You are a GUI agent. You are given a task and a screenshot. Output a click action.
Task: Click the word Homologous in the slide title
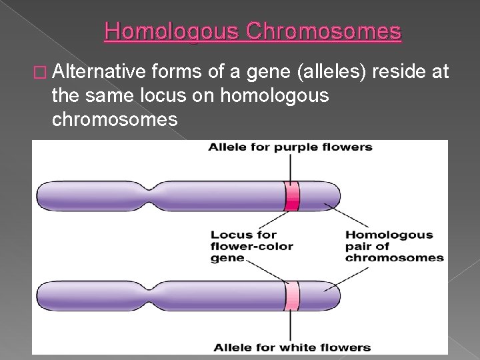click(173, 31)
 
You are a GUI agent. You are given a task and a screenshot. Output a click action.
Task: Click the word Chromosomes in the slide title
click(325, 31)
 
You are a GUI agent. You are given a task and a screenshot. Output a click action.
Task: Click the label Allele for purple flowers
click(290, 147)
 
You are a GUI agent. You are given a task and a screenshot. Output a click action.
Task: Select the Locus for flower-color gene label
click(252, 246)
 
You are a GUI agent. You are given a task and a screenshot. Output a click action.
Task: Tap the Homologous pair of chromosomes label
click(393, 246)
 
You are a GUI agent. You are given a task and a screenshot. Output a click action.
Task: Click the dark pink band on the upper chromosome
click(291, 196)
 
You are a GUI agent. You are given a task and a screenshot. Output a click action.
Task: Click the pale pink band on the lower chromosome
click(291, 295)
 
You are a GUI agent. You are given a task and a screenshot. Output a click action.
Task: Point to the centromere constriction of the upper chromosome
click(151, 196)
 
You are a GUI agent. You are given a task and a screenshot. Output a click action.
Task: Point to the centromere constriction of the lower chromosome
click(151, 295)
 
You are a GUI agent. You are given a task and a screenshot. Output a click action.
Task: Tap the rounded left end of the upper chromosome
click(43, 196)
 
